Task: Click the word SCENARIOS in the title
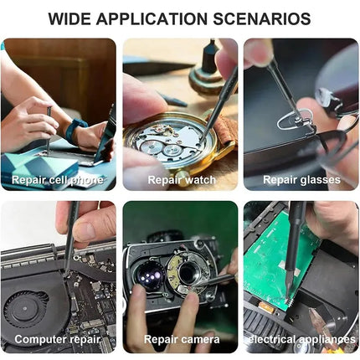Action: tap(262, 18)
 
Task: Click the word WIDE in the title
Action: tap(69, 18)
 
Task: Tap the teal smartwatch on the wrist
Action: tap(75, 130)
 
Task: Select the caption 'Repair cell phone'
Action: tap(58, 180)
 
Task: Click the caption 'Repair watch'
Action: tap(182, 180)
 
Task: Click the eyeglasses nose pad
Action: tap(294, 120)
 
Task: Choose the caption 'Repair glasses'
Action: tap(301, 180)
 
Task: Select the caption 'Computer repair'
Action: tap(57, 340)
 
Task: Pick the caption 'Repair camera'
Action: tap(182, 340)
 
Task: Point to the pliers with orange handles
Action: tap(325, 325)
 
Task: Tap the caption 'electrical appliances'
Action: tap(301, 340)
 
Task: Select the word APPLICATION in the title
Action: tap(152, 18)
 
